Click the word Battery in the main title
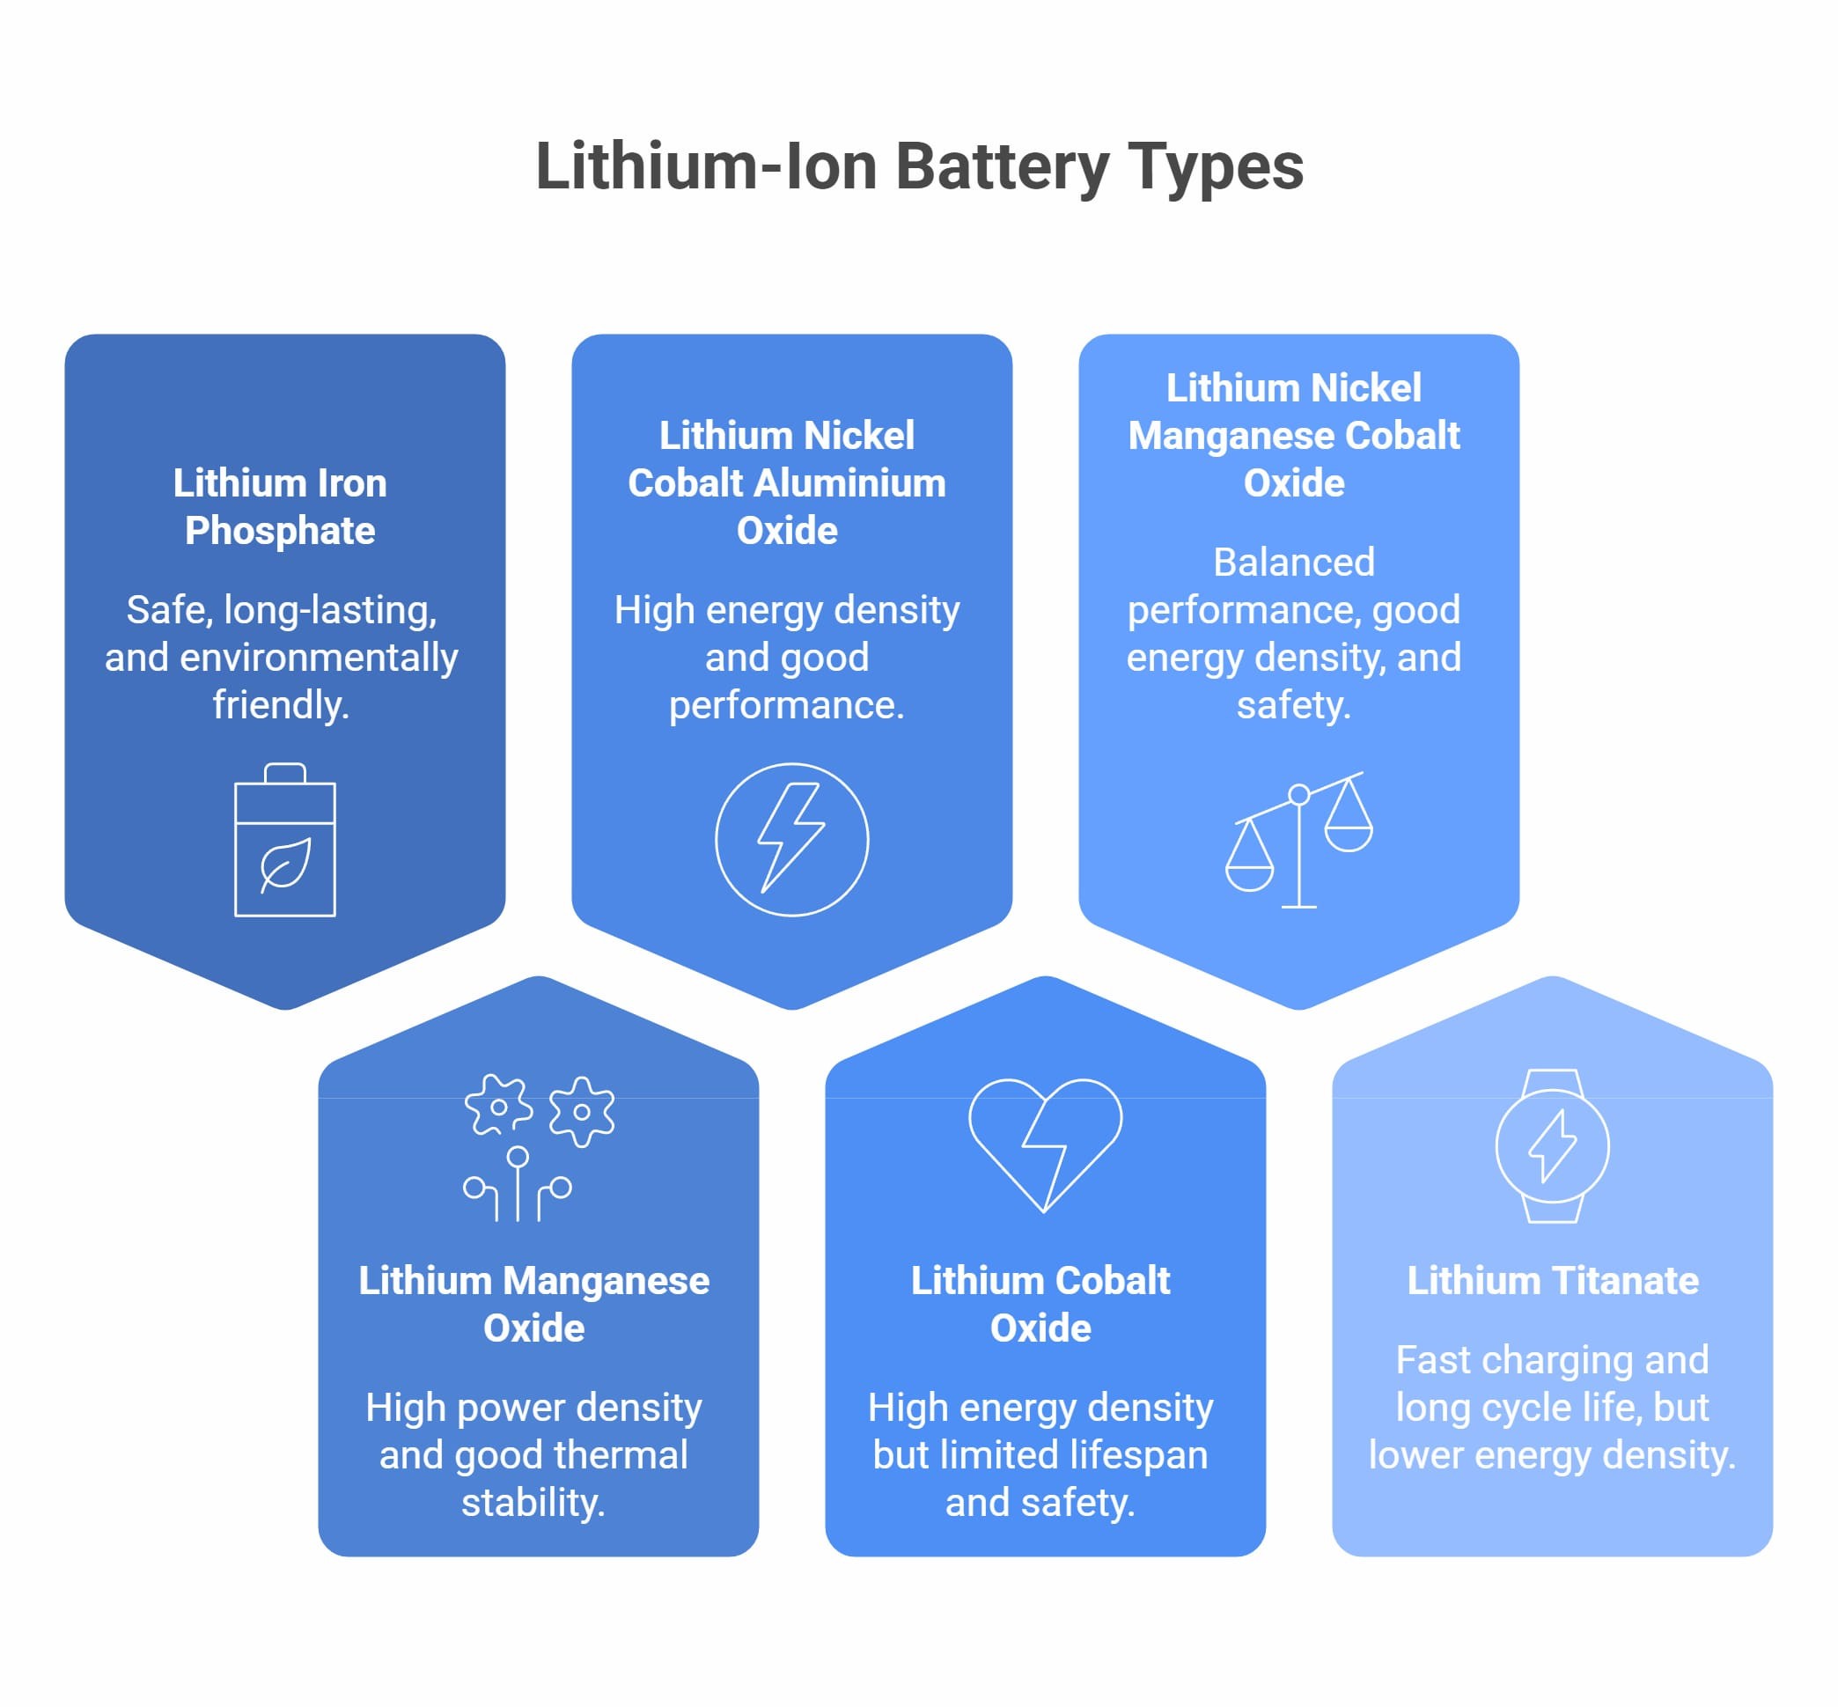click(x=1002, y=167)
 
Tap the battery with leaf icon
click(x=284, y=840)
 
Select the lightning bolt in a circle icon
click(x=791, y=840)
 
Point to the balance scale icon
click(x=1298, y=840)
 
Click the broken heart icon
click(x=1045, y=1145)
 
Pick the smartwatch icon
click(x=1552, y=1145)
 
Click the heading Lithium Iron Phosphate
click(x=280, y=506)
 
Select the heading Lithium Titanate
click(x=1553, y=1280)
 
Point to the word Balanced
click(x=1293, y=562)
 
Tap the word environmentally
click(x=318, y=659)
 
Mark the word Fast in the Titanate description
click(x=1432, y=1359)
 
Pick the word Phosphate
click(x=280, y=531)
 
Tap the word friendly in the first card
click(x=280, y=705)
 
